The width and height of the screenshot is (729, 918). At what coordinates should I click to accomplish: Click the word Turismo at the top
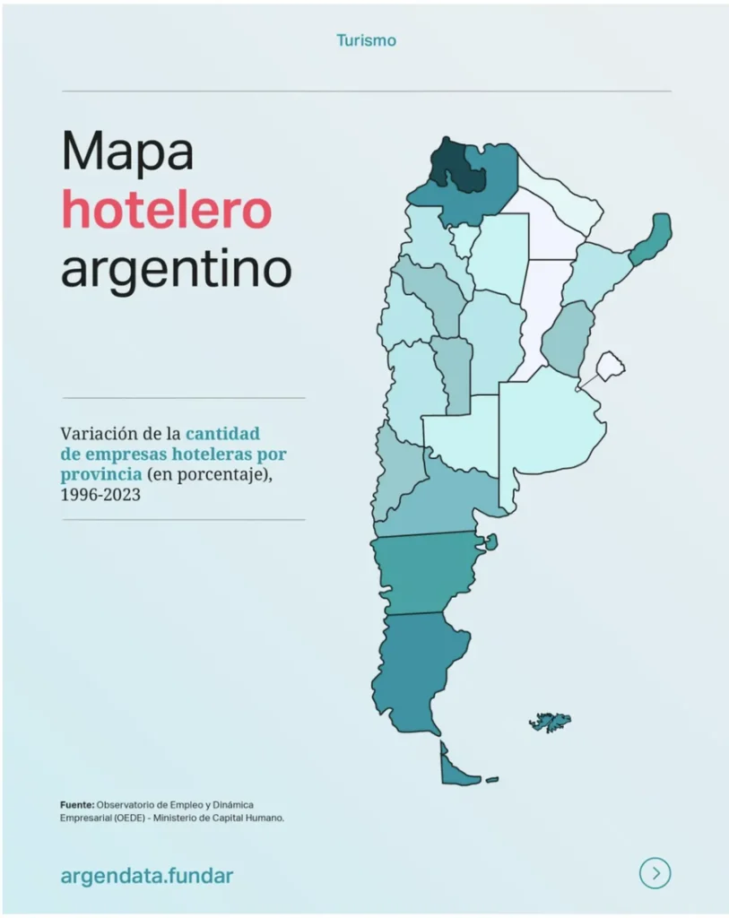(x=366, y=40)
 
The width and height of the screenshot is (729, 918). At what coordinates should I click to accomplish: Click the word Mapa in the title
(x=126, y=152)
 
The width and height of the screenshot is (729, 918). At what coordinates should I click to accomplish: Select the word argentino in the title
(x=176, y=268)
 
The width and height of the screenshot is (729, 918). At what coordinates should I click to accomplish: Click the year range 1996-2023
(x=100, y=494)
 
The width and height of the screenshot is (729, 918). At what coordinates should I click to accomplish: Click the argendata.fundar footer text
(x=146, y=875)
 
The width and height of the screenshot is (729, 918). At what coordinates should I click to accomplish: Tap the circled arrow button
(x=655, y=873)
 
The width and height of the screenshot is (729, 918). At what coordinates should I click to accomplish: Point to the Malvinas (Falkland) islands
(x=550, y=721)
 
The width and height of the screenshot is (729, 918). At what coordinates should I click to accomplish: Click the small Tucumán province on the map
(x=464, y=239)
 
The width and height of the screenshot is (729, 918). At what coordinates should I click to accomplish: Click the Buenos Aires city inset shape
(x=611, y=365)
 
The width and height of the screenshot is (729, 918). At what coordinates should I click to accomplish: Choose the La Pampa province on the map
(x=461, y=436)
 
